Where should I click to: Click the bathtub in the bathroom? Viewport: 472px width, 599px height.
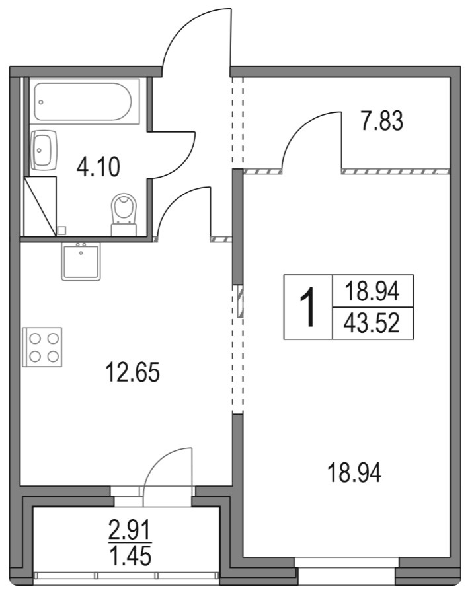[84, 101]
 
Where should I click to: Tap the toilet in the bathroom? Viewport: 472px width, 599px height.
[124, 213]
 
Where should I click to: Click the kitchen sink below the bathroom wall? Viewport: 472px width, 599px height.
[81, 262]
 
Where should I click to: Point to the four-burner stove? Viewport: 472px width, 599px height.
[42, 347]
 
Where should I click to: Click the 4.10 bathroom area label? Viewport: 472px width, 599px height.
[98, 166]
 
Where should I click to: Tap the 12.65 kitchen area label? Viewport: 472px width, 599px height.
[133, 374]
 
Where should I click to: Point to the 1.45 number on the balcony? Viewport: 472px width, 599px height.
[130, 555]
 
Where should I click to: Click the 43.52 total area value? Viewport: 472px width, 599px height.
[373, 324]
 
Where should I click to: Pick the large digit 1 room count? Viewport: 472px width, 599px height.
[308, 308]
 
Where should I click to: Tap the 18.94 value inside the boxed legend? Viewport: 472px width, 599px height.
[373, 290]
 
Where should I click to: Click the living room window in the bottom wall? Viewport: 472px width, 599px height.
[346, 563]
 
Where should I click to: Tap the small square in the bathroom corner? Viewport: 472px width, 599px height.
[61, 230]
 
